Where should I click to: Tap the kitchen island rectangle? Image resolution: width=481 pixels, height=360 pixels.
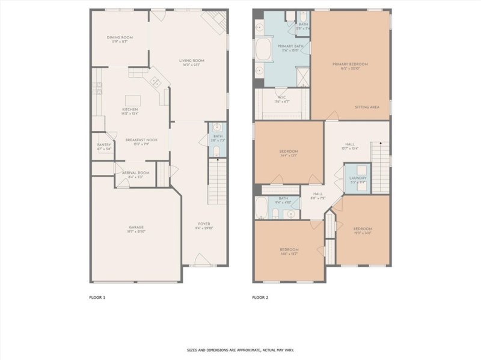[x=132, y=100]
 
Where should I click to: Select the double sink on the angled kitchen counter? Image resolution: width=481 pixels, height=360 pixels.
[x=155, y=81]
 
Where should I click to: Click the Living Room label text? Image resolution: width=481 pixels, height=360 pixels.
[x=192, y=60]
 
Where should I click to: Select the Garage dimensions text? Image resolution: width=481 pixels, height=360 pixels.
[x=136, y=231]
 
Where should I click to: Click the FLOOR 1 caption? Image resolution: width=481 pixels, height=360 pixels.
[x=97, y=297]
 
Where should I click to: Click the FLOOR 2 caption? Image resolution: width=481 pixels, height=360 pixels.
[x=260, y=297]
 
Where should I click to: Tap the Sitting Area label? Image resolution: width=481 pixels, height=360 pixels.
[x=367, y=107]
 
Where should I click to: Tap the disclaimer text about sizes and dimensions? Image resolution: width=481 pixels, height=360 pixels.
[x=240, y=350]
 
